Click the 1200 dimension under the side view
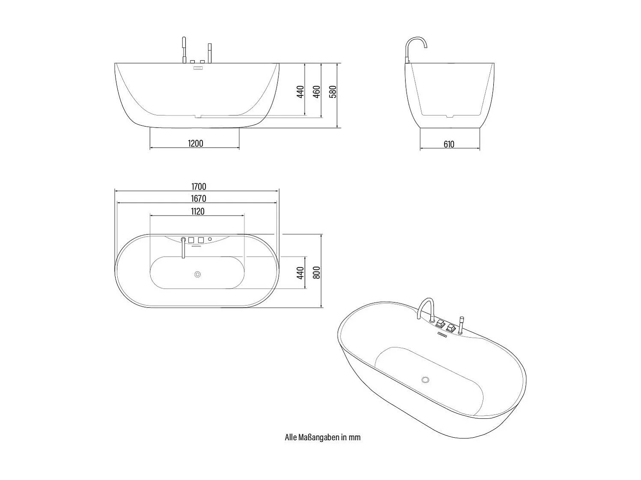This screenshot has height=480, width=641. tap(195, 143)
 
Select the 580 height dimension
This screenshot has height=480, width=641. tap(333, 92)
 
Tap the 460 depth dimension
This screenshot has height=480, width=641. tap(317, 92)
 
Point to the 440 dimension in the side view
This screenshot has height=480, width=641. tap(301, 92)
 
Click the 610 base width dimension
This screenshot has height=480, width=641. tap(449, 145)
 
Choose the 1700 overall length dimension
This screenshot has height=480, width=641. tap(198, 187)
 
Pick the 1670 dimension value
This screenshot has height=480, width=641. tap(198, 199)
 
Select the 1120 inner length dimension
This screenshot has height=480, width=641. tap(197, 211)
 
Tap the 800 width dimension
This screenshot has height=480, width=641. tap(317, 272)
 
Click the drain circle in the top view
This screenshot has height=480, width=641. tap(197, 274)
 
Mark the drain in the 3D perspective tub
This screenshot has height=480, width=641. tap(425, 379)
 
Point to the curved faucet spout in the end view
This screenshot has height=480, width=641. tap(417, 43)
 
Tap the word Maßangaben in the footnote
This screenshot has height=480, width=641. tap(316, 437)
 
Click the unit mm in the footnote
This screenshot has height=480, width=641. tap(355, 437)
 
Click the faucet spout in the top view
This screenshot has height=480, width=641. tap(183, 248)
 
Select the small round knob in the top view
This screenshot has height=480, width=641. tap(210, 239)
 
